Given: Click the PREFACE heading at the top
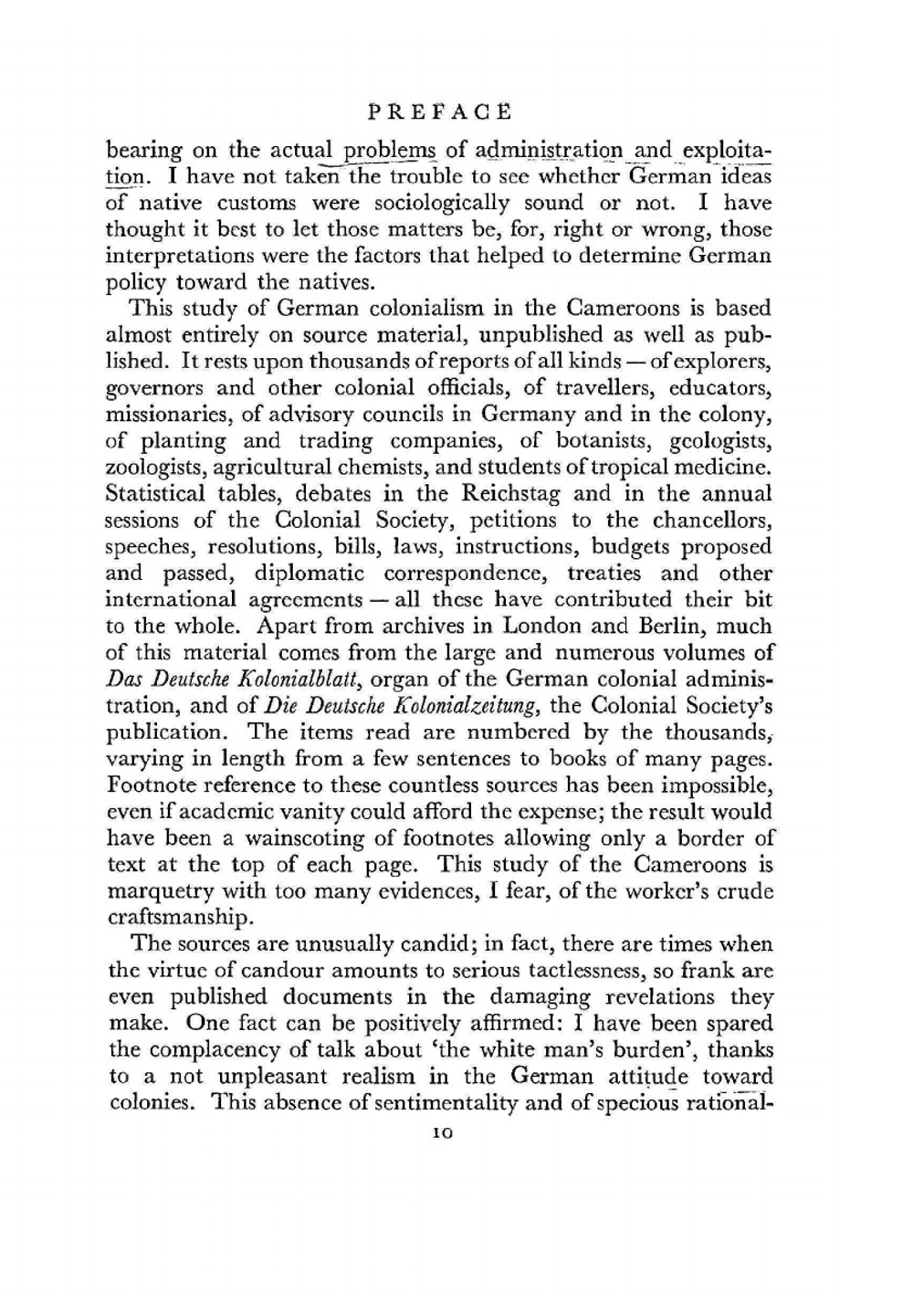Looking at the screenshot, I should pyautogui.click(x=439, y=112).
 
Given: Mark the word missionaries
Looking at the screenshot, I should pyautogui.click(x=170, y=415).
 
